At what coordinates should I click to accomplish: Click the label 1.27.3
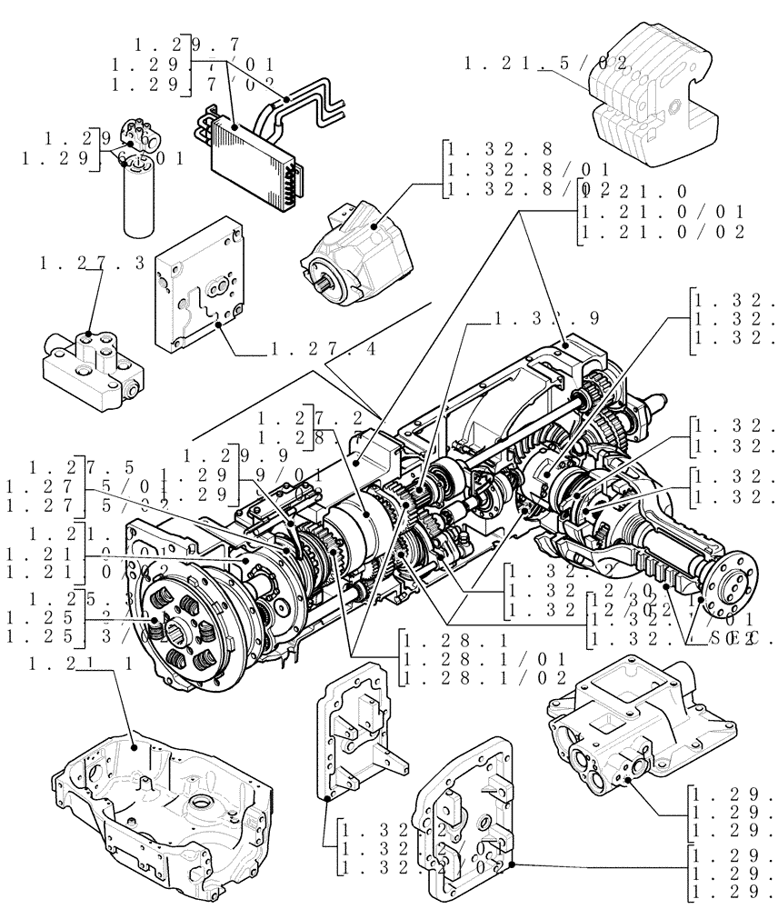point(92,264)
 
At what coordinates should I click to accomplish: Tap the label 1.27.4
point(324,349)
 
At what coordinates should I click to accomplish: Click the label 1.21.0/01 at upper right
point(663,212)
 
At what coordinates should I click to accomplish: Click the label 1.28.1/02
point(484,677)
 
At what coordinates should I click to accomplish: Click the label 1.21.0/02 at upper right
point(663,232)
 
